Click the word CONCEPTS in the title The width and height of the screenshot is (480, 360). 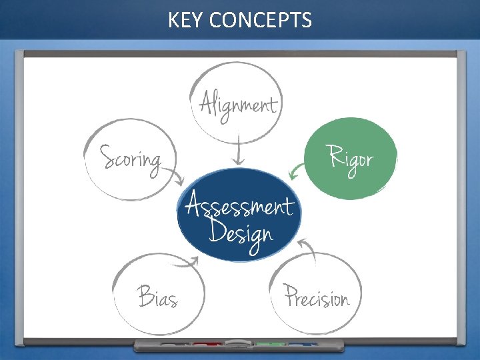coord(260,21)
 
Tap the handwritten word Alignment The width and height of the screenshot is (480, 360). coord(238,105)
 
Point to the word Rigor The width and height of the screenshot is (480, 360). coord(351,159)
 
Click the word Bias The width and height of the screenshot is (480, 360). coord(157,297)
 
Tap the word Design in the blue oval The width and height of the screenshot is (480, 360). coord(241,233)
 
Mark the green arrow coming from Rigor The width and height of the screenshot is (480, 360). coord(297,172)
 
